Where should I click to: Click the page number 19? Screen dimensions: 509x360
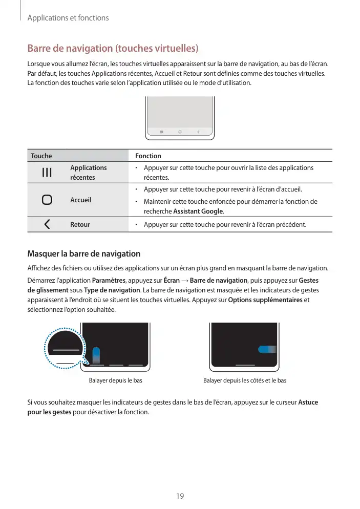click(x=180, y=496)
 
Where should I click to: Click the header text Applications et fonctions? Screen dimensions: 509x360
click(x=68, y=18)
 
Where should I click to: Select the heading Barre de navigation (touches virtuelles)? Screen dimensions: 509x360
click(x=112, y=49)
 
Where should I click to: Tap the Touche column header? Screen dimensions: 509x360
click(x=41, y=156)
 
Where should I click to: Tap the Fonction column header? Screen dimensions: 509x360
click(x=148, y=156)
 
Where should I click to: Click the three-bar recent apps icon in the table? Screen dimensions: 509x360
click(x=47, y=173)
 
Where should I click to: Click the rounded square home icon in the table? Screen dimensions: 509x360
click(x=47, y=200)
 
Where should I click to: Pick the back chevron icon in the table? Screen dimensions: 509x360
click(x=47, y=224)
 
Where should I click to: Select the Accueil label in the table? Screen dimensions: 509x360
click(x=80, y=200)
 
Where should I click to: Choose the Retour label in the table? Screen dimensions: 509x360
click(x=80, y=224)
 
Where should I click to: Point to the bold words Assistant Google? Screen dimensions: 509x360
click(x=198, y=211)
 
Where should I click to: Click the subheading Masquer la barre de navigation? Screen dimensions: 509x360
click(x=83, y=253)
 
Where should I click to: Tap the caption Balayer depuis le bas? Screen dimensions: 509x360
click(x=116, y=380)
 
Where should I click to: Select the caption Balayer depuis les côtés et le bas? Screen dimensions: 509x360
click(x=245, y=380)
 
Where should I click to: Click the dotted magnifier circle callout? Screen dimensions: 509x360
click(x=65, y=348)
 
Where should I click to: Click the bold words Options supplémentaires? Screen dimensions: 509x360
click(x=265, y=300)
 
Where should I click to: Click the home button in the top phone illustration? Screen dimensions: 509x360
click(x=180, y=132)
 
